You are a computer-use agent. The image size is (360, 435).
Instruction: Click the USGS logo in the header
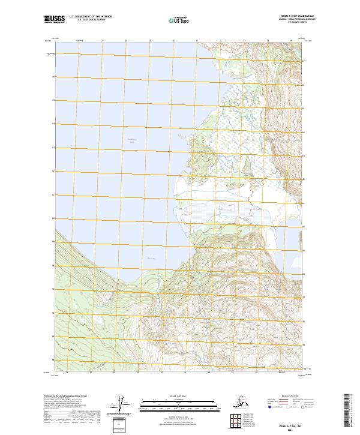tap(55, 20)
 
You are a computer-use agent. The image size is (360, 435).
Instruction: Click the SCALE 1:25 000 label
tap(178, 395)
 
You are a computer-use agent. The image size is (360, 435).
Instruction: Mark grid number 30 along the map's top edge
tap(173, 41)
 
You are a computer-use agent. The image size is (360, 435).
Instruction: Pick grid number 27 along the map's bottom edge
tap(90, 373)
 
